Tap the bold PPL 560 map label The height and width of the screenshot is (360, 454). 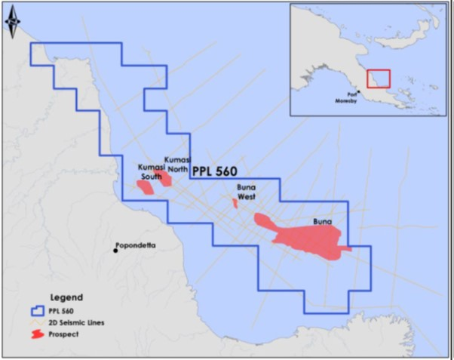tap(214, 171)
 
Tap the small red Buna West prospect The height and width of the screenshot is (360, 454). tap(235, 204)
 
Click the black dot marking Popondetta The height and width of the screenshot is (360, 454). tap(115, 251)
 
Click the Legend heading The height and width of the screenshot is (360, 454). tap(66, 297)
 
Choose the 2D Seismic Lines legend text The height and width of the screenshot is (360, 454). tap(85, 322)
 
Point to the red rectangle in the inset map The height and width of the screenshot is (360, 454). tap(378, 79)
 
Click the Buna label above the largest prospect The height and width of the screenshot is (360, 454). tap(323, 223)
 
